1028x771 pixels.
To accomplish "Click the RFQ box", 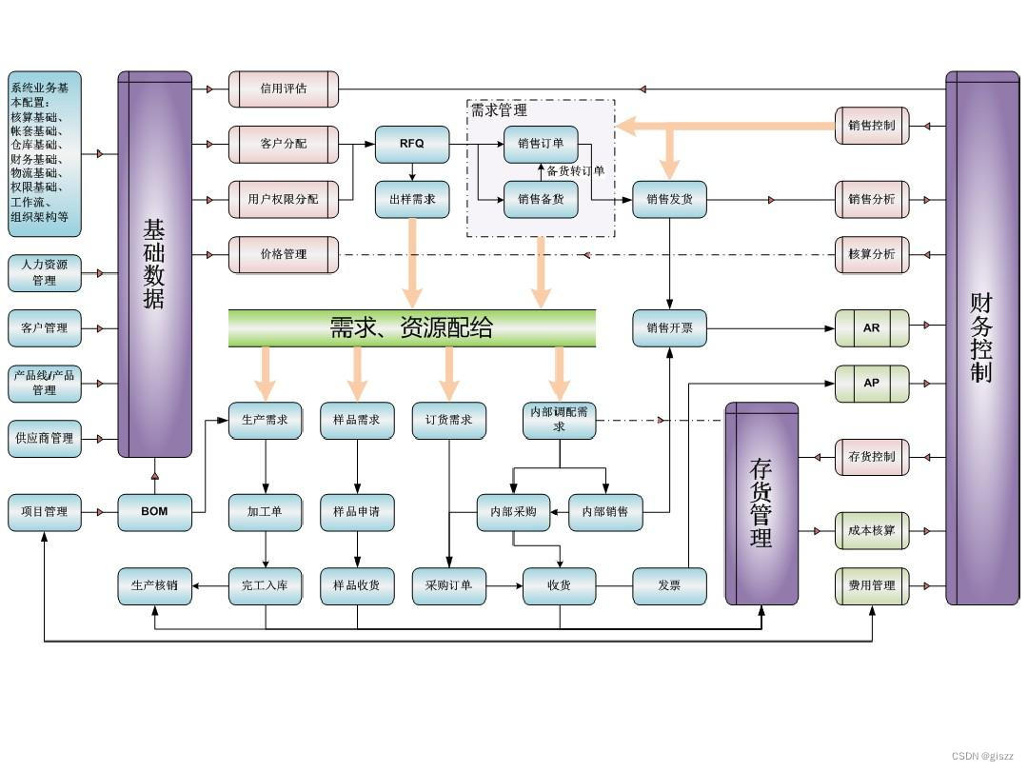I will (x=411, y=144).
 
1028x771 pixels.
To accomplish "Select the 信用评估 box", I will (x=283, y=89).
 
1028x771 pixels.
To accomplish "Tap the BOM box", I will (x=154, y=511).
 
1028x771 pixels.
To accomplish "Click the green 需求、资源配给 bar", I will (x=411, y=328).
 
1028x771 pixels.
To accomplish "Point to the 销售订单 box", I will (x=541, y=144).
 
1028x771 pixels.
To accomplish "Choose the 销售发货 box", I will (x=669, y=199).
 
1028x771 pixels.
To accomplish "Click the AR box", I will (x=872, y=327).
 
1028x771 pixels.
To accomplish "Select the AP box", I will (x=872, y=383).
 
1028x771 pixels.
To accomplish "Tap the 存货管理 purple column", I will (x=761, y=504).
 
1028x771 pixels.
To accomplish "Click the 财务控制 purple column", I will (x=981, y=338).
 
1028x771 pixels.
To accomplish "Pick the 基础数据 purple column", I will (x=154, y=264).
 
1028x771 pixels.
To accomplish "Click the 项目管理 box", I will (x=45, y=511).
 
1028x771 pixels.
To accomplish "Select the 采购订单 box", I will (x=448, y=585).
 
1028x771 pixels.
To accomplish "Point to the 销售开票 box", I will (x=669, y=327).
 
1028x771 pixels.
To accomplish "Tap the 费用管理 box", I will (x=872, y=585).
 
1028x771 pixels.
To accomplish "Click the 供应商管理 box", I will (x=45, y=438).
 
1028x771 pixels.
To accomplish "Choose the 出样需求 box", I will (x=411, y=199).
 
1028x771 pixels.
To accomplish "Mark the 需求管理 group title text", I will (x=499, y=110).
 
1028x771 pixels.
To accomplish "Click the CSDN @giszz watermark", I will (x=982, y=756).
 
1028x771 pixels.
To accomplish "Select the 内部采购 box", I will (x=513, y=511).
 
